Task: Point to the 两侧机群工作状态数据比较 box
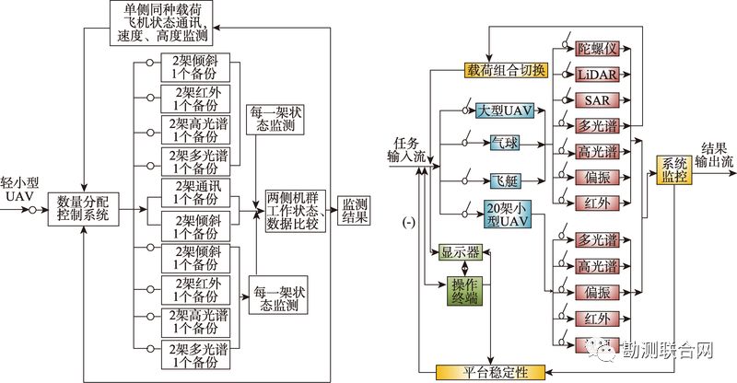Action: pyautogui.click(x=299, y=210)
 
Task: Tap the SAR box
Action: pyautogui.click(x=591, y=99)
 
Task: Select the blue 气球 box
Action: pyautogui.click(x=505, y=144)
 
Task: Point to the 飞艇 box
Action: pyautogui.click(x=505, y=179)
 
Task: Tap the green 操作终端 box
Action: pyautogui.click(x=465, y=288)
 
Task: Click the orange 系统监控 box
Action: pyautogui.click(x=674, y=170)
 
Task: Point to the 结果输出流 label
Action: pyautogui.click(x=715, y=154)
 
